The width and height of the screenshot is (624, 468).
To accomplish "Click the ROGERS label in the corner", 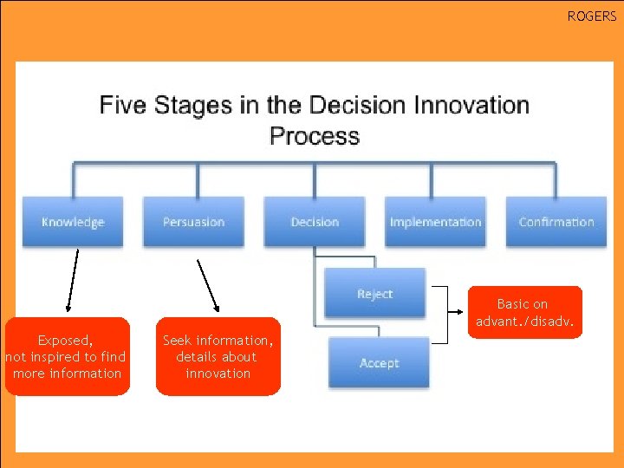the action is (x=592, y=16).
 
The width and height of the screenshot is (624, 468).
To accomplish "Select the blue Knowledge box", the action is (x=73, y=222).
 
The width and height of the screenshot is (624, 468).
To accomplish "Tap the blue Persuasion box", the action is (x=193, y=222).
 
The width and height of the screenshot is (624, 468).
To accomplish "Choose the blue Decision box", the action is (x=315, y=222).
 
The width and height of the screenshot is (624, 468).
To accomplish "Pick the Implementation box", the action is (x=435, y=222).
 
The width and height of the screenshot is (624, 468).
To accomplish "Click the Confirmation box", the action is (x=556, y=222).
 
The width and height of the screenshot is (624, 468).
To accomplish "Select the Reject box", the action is (x=374, y=294).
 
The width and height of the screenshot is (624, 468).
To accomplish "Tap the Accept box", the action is (x=379, y=362).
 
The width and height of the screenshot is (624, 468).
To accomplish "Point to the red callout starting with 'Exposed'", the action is (x=67, y=357).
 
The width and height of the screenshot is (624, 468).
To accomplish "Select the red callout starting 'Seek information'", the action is (x=218, y=357).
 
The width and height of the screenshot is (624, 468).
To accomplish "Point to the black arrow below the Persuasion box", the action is (x=208, y=284).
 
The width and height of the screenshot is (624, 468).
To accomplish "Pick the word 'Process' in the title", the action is (x=314, y=136).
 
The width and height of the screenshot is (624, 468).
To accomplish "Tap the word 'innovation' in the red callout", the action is (x=218, y=374).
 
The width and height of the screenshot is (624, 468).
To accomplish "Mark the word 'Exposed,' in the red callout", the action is (x=66, y=341).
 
